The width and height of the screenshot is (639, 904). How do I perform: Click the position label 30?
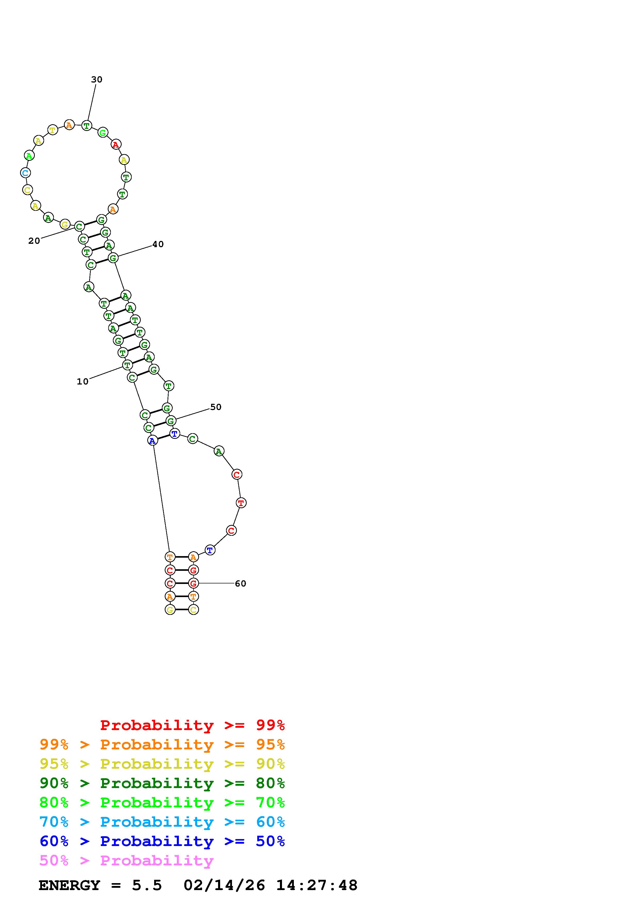click(x=96, y=80)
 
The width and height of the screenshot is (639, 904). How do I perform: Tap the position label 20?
click(x=34, y=241)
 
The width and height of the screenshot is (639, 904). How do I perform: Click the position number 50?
click(x=216, y=407)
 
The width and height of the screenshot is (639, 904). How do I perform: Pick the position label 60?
click(x=240, y=583)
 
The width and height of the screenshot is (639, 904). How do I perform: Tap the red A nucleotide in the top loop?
click(x=116, y=145)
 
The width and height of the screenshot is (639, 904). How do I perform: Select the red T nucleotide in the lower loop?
click(x=241, y=503)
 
